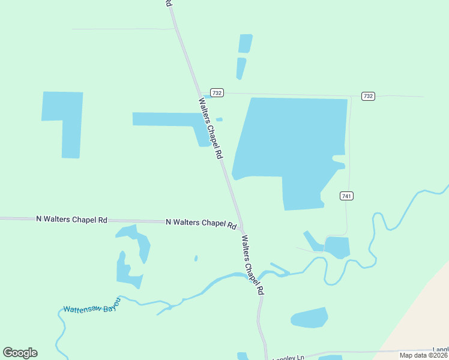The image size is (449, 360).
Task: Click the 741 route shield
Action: point(346,196)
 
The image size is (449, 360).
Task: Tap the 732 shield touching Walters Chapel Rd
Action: point(217,92)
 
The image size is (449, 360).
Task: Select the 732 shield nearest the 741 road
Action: point(368,96)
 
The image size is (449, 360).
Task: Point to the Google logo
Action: point(20,352)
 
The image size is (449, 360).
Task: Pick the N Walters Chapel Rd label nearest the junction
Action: point(201,223)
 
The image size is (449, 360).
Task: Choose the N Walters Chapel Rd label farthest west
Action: point(71,220)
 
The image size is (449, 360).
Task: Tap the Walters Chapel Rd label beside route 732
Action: point(211,128)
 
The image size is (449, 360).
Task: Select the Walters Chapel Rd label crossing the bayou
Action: point(252,264)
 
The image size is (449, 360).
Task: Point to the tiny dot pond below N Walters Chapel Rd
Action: point(196,259)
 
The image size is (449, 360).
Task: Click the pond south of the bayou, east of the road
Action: point(309,318)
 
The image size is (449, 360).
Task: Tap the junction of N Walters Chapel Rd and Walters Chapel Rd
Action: point(241,227)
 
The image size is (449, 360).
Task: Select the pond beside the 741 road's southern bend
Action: point(337,246)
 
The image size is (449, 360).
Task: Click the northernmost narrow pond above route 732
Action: point(245,43)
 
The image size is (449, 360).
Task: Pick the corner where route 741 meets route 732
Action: point(351,96)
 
